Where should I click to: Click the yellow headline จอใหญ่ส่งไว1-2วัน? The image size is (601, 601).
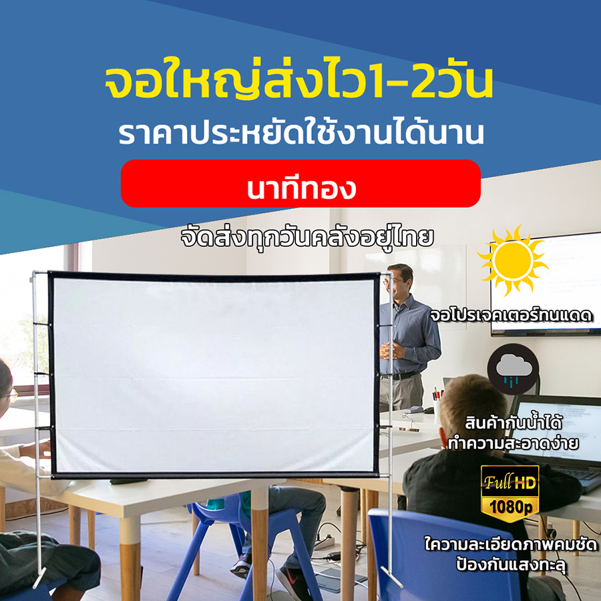(298, 83)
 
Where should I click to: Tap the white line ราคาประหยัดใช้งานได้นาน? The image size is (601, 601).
(301, 134)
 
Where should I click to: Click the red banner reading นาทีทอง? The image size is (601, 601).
(300, 183)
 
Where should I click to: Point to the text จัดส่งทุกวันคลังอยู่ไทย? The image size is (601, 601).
(307, 238)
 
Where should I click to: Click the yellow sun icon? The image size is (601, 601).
(512, 260)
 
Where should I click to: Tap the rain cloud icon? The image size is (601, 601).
(514, 370)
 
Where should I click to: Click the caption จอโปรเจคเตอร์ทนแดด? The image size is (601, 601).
(512, 316)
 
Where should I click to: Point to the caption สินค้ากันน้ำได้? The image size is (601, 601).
(514, 423)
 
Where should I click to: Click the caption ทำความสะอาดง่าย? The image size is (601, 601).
(514, 443)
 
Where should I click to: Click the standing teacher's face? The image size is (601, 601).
(398, 280)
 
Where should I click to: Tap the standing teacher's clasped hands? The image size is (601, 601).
(390, 350)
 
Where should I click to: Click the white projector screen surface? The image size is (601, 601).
(214, 375)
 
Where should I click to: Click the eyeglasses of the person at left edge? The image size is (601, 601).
(10, 395)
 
